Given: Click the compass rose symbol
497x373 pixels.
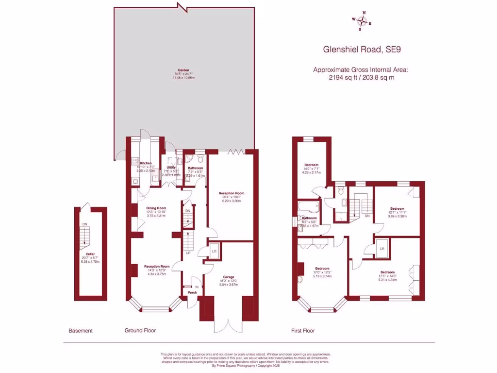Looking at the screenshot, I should click(x=362, y=20).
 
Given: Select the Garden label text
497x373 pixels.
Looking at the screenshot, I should click(x=183, y=70).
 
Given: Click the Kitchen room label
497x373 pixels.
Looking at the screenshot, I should click(x=146, y=163).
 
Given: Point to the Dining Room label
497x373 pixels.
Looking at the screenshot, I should click(x=156, y=208).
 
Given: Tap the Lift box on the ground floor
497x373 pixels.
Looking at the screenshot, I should click(x=214, y=251).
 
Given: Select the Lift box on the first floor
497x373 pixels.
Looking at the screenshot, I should click(x=382, y=248).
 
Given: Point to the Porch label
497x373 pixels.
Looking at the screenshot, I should click(x=192, y=293).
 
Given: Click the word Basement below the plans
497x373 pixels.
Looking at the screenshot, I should click(x=81, y=331).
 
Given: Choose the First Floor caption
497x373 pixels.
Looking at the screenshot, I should click(x=303, y=331).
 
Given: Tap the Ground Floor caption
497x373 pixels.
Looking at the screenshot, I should click(x=140, y=331).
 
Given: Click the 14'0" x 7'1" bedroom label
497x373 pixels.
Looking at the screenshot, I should click(x=311, y=164).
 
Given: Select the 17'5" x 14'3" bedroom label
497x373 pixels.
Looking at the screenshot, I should click(x=387, y=272).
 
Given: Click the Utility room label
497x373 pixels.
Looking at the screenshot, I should click(x=171, y=167).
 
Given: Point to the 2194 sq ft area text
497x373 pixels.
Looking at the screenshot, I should click(x=361, y=77).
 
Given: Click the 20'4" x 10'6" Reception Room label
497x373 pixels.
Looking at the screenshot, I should click(x=231, y=193).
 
